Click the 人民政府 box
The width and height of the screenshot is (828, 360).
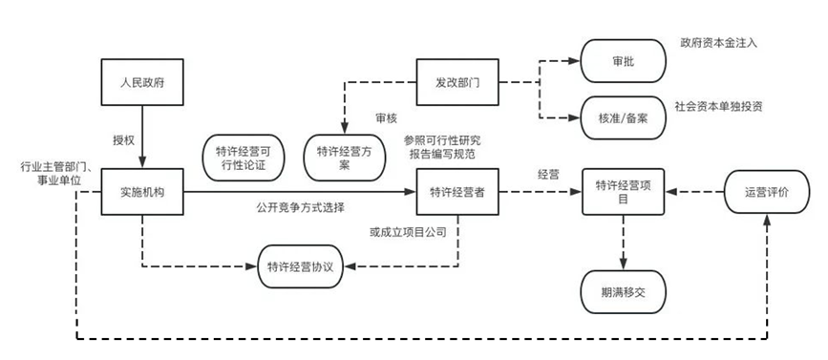[x=142, y=83]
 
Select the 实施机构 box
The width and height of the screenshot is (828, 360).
[x=142, y=192]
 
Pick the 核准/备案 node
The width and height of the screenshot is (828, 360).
[x=621, y=117]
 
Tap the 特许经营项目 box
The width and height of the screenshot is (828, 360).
[x=625, y=192]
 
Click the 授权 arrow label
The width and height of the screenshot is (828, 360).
[x=125, y=140]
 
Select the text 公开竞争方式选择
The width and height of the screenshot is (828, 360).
[x=300, y=207]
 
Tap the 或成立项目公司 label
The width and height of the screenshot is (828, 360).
[x=408, y=231]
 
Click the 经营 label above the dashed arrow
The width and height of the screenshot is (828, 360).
[x=547, y=175]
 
